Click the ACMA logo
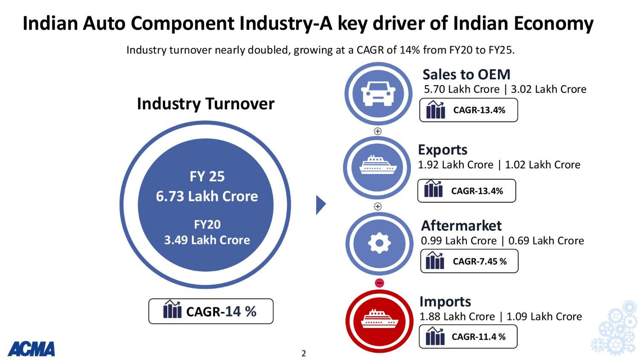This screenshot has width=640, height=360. [x=31, y=349]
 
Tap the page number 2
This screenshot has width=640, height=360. [x=304, y=353]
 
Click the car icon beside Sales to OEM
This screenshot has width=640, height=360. [x=378, y=93]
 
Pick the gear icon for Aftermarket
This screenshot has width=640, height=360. [x=379, y=243]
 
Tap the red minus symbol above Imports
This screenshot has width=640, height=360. [x=379, y=283]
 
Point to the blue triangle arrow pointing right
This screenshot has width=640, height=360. [x=321, y=205]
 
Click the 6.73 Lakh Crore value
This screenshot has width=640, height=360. [x=207, y=196]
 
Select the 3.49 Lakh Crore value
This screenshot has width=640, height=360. [x=207, y=240]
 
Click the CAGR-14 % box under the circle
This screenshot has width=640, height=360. [x=211, y=311]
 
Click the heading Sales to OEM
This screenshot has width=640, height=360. [x=466, y=75]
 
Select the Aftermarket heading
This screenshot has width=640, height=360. [x=461, y=225]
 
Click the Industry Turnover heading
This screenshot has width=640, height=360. [x=206, y=104]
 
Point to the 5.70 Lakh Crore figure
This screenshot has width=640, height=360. [x=462, y=89]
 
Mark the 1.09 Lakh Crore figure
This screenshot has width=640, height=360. [x=544, y=316]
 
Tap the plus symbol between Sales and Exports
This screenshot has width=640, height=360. [x=378, y=131]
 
